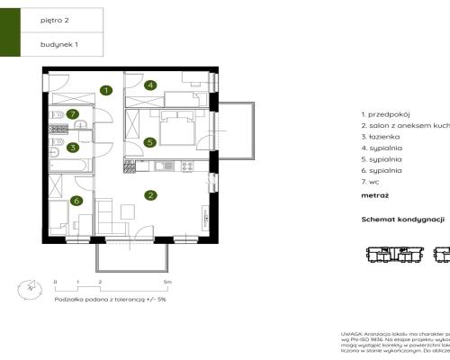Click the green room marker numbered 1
tap(106, 90)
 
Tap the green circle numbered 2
tap(151, 194)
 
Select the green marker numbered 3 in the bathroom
tap(73, 147)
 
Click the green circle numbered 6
tap(76, 201)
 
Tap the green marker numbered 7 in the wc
tap(72, 114)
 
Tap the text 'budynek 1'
tap(56, 43)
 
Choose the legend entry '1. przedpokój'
tap(384, 114)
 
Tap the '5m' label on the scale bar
tap(167, 282)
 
